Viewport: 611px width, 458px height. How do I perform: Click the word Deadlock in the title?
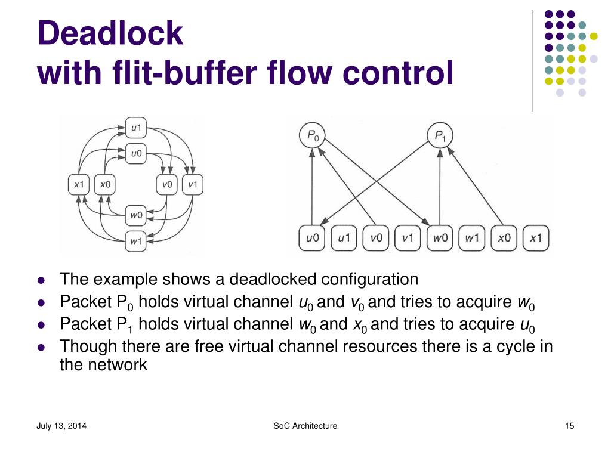[110, 33]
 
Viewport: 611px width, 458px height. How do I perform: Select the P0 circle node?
[312, 137]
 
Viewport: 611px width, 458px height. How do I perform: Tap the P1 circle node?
[440, 137]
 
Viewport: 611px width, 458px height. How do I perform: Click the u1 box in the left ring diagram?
[137, 127]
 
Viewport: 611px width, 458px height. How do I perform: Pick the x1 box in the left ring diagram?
[79, 185]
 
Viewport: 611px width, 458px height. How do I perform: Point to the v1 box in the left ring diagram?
[192, 185]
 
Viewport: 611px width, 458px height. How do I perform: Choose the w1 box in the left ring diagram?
[137, 241]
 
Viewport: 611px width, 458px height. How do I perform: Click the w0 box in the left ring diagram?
[137, 213]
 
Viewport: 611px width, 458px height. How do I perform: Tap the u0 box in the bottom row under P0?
[312, 239]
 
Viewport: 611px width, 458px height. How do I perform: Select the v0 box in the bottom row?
[376, 239]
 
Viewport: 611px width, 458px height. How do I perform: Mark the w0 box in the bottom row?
[440, 239]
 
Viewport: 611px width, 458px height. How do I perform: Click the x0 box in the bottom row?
[504, 239]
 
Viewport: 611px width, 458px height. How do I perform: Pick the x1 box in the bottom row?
[536, 239]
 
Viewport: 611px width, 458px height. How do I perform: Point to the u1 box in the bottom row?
[344, 239]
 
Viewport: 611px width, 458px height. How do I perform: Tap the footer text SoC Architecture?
[305, 426]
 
